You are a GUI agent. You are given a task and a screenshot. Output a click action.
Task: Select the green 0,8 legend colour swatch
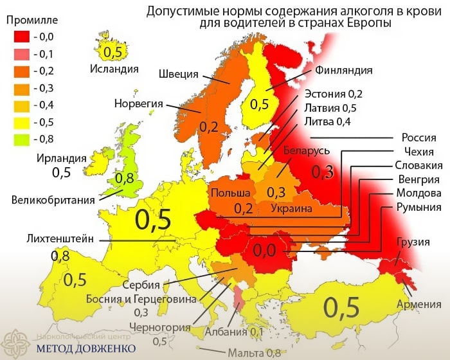(x=22, y=138)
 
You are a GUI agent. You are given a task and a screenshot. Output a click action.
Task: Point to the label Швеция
(x=178, y=74)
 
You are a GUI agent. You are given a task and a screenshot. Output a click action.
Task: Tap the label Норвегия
(x=138, y=103)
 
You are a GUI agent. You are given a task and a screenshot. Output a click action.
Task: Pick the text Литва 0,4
(x=327, y=122)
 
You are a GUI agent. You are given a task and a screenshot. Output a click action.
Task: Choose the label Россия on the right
(x=419, y=138)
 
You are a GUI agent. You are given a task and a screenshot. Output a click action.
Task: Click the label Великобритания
(x=53, y=199)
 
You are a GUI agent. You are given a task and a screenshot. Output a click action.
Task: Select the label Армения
(x=419, y=304)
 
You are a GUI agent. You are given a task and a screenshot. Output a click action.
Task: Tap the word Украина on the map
(x=291, y=209)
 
